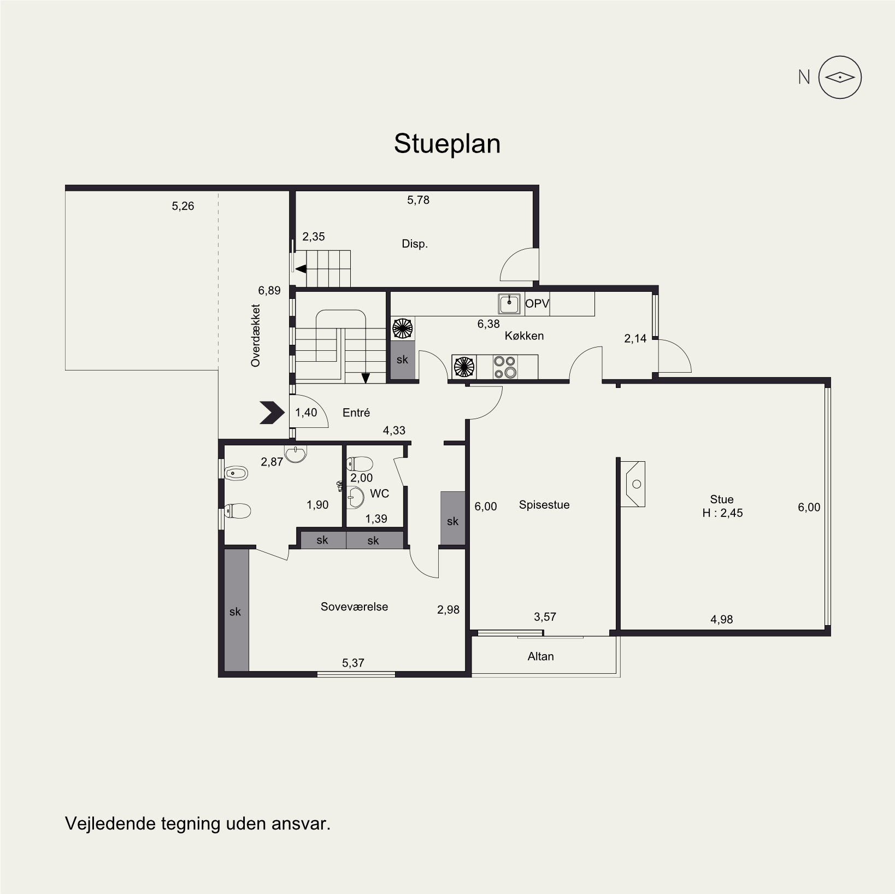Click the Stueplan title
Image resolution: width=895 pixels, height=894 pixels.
(447, 144)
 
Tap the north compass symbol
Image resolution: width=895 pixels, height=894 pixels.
(840, 78)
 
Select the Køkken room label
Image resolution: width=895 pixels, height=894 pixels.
(524, 336)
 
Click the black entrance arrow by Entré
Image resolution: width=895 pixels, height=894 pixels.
(272, 413)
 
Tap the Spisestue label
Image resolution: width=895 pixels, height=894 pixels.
(544, 505)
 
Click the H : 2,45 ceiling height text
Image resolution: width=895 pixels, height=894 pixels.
(722, 513)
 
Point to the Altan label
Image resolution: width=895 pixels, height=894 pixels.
(540, 656)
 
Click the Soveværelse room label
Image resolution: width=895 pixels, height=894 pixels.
(354, 607)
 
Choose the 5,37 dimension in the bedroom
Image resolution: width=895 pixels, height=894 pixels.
(353, 663)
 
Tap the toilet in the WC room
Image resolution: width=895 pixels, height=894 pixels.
(360, 464)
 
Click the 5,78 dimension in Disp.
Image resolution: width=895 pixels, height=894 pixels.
(418, 200)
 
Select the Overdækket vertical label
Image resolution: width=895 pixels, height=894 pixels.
(255, 335)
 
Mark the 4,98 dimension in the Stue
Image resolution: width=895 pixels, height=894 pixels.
(721, 619)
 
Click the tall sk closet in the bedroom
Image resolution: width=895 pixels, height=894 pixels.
(236, 610)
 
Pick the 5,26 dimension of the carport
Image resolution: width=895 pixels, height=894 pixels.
(182, 206)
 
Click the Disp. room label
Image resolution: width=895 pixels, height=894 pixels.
(415, 244)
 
